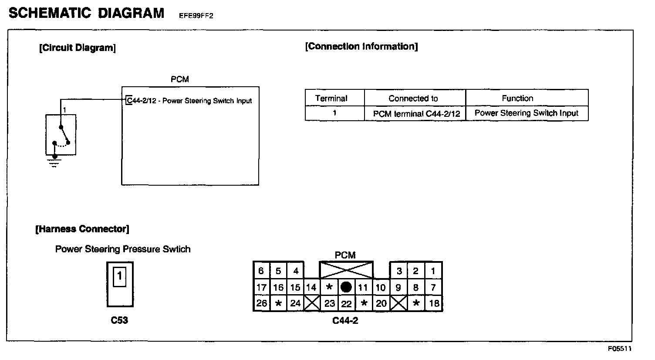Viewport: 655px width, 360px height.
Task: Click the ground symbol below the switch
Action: coord(54,164)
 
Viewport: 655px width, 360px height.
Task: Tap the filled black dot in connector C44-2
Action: coord(346,287)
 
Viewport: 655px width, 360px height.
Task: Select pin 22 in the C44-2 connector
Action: coord(346,303)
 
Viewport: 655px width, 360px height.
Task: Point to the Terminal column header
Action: coord(331,98)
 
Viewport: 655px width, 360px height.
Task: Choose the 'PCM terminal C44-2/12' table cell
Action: coord(416,113)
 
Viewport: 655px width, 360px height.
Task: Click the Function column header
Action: coord(517,98)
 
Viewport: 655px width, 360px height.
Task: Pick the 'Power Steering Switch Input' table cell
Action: coord(526,113)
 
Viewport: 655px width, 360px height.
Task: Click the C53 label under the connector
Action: coord(119,320)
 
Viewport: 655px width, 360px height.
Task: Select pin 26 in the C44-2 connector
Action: coord(261,303)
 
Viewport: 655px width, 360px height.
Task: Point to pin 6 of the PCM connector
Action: coord(261,271)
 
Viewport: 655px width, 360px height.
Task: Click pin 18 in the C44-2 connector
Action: coord(434,303)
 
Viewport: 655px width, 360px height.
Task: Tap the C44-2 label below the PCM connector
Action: coord(345,321)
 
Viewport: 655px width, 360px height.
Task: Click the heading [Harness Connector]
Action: coord(82,229)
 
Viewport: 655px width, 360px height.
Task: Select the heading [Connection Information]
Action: coord(361,47)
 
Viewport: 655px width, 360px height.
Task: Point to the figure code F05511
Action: coord(620,349)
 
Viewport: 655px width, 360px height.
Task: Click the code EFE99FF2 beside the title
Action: coord(196,16)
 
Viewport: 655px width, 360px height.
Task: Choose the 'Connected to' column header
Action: coord(413,98)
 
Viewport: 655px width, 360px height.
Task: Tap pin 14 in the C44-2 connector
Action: coord(311,287)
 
